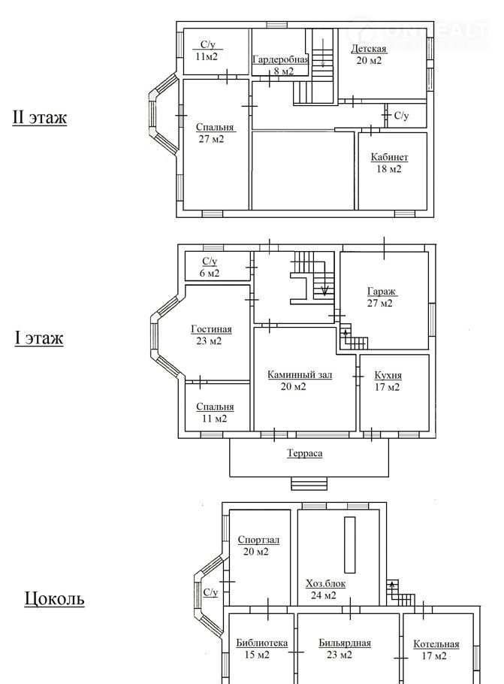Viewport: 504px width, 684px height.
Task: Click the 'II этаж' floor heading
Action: tap(39, 117)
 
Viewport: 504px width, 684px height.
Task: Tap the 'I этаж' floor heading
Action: tap(39, 338)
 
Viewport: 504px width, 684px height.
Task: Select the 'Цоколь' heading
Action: tap(54, 598)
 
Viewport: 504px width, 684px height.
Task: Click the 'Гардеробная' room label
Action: tap(280, 60)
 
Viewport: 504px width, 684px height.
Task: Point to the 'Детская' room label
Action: tap(369, 48)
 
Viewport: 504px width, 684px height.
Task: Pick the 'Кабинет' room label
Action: tap(389, 157)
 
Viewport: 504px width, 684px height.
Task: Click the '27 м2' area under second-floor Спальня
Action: tap(211, 139)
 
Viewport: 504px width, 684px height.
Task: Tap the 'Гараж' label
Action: tap(382, 292)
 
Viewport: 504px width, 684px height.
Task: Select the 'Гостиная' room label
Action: tap(212, 329)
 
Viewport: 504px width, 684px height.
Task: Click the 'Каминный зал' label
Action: tap(300, 375)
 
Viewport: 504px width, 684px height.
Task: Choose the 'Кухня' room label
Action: tap(388, 375)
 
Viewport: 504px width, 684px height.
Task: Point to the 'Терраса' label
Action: tap(305, 453)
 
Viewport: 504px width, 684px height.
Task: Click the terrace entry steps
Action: tap(309, 484)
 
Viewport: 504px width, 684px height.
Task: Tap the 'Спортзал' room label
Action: tap(258, 540)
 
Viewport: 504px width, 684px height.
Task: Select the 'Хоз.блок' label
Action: tap(326, 584)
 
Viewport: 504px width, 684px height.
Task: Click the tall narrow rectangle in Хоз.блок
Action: tap(350, 545)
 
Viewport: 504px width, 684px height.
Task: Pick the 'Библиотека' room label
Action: tap(262, 643)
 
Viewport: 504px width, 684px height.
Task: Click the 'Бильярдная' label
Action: tap(345, 643)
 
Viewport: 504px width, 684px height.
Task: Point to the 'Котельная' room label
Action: tap(436, 644)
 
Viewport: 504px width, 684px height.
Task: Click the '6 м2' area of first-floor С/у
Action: tap(210, 274)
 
